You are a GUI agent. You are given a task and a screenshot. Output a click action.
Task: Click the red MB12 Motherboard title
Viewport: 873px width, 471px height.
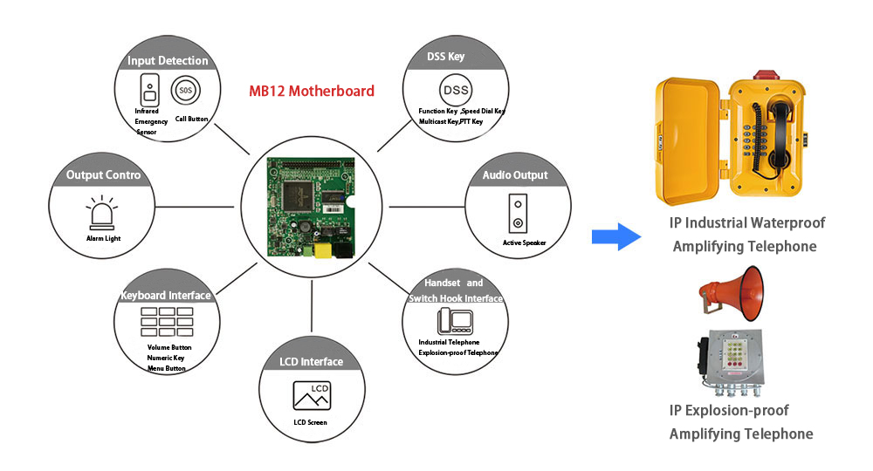(x=312, y=92)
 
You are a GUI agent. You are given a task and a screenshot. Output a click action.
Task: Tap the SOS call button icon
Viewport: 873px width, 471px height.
(x=185, y=90)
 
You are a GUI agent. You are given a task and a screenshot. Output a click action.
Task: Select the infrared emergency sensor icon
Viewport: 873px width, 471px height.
(x=150, y=90)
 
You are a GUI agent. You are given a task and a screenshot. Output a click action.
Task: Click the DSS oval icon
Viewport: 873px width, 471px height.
(x=456, y=90)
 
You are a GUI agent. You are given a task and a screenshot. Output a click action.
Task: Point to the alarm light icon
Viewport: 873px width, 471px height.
(x=102, y=213)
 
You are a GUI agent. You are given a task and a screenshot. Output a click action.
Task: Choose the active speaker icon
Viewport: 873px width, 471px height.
(x=518, y=213)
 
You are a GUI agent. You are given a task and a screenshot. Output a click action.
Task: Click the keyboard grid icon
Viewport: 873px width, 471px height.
(x=167, y=322)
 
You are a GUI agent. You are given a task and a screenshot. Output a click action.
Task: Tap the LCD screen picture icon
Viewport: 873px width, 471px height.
(x=312, y=395)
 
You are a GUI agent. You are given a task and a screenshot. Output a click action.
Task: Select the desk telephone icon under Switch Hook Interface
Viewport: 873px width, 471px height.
(x=455, y=321)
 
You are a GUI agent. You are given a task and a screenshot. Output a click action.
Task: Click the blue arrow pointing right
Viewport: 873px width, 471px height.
(x=615, y=237)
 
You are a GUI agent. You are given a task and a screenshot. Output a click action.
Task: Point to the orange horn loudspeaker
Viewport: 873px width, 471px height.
(x=732, y=293)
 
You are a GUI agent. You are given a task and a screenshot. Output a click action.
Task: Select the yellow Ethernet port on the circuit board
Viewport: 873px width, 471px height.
(x=323, y=251)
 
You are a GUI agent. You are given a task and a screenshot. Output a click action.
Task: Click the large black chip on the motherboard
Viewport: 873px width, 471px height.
(x=299, y=195)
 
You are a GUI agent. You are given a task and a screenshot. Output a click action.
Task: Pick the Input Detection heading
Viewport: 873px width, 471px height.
(x=168, y=60)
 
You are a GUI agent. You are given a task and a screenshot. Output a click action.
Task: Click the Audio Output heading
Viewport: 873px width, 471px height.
(x=515, y=175)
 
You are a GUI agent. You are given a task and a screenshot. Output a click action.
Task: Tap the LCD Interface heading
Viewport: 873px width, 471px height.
(x=312, y=361)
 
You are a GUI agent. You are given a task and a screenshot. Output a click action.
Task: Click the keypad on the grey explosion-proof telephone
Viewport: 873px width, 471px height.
(x=734, y=353)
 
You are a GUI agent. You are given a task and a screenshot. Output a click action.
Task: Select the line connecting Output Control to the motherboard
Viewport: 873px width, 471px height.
(x=195, y=207)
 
